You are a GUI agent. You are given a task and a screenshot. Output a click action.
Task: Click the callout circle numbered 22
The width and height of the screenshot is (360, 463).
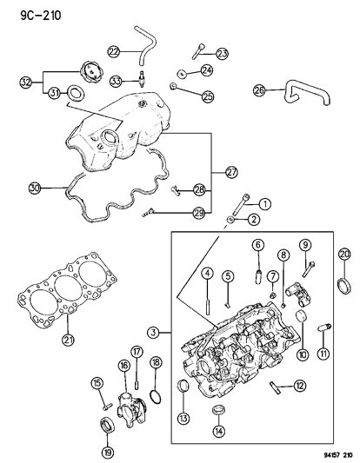[x=113, y=52]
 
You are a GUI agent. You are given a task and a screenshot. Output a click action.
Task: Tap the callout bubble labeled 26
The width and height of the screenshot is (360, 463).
[x=259, y=89]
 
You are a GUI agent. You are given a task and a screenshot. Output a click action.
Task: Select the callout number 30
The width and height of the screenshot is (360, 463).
[x=35, y=187]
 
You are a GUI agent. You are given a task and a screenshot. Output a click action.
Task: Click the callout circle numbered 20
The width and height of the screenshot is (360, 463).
[x=344, y=254]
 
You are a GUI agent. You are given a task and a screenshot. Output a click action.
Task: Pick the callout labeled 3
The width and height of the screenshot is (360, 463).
[x=153, y=332]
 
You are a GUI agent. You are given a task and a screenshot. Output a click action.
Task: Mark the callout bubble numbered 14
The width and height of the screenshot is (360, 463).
[x=218, y=431]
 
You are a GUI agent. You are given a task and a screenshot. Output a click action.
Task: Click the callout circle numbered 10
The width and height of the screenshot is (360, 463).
[x=303, y=354]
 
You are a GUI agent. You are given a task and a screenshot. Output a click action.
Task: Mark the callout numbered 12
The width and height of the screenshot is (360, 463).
[x=299, y=386]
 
